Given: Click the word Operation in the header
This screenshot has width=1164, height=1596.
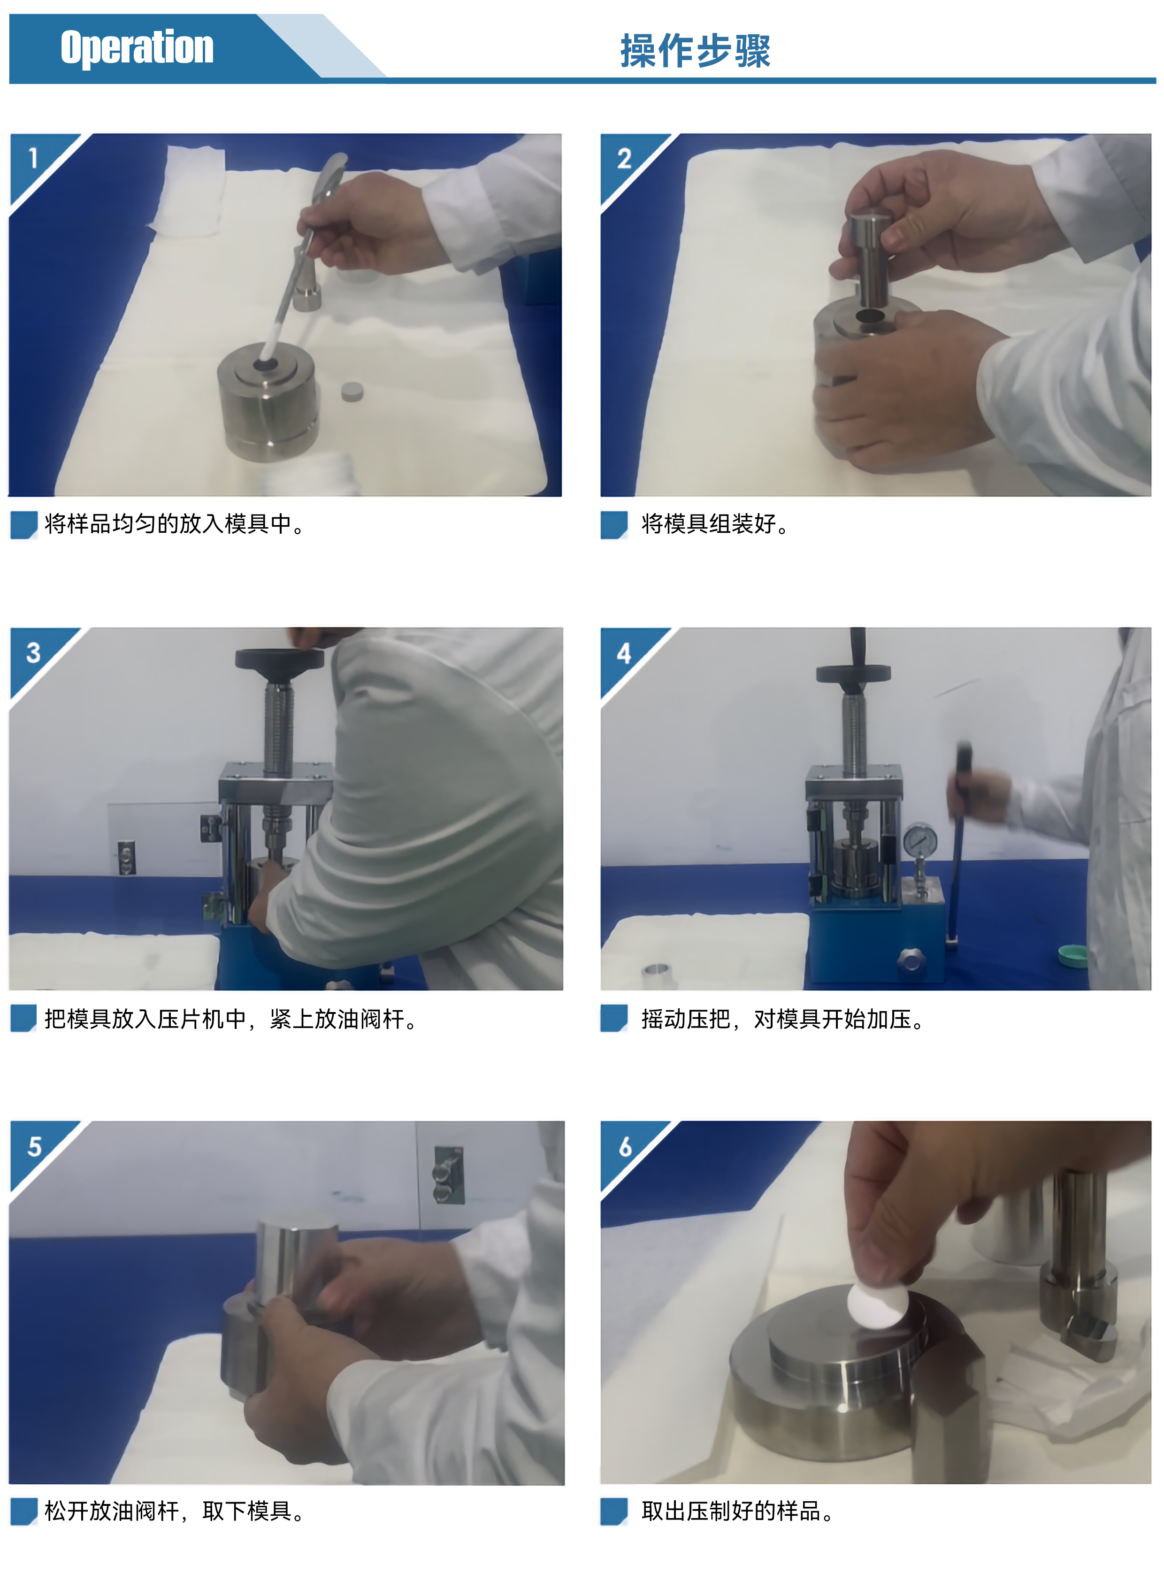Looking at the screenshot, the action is [x=137, y=47].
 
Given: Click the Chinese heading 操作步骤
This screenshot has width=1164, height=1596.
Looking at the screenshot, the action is [x=696, y=51].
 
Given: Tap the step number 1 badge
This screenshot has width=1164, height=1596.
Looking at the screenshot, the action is [x=32, y=158].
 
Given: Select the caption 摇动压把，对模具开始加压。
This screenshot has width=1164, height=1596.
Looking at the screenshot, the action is [x=783, y=1019].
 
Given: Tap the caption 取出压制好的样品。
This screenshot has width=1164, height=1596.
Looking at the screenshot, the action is [x=738, y=1511].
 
